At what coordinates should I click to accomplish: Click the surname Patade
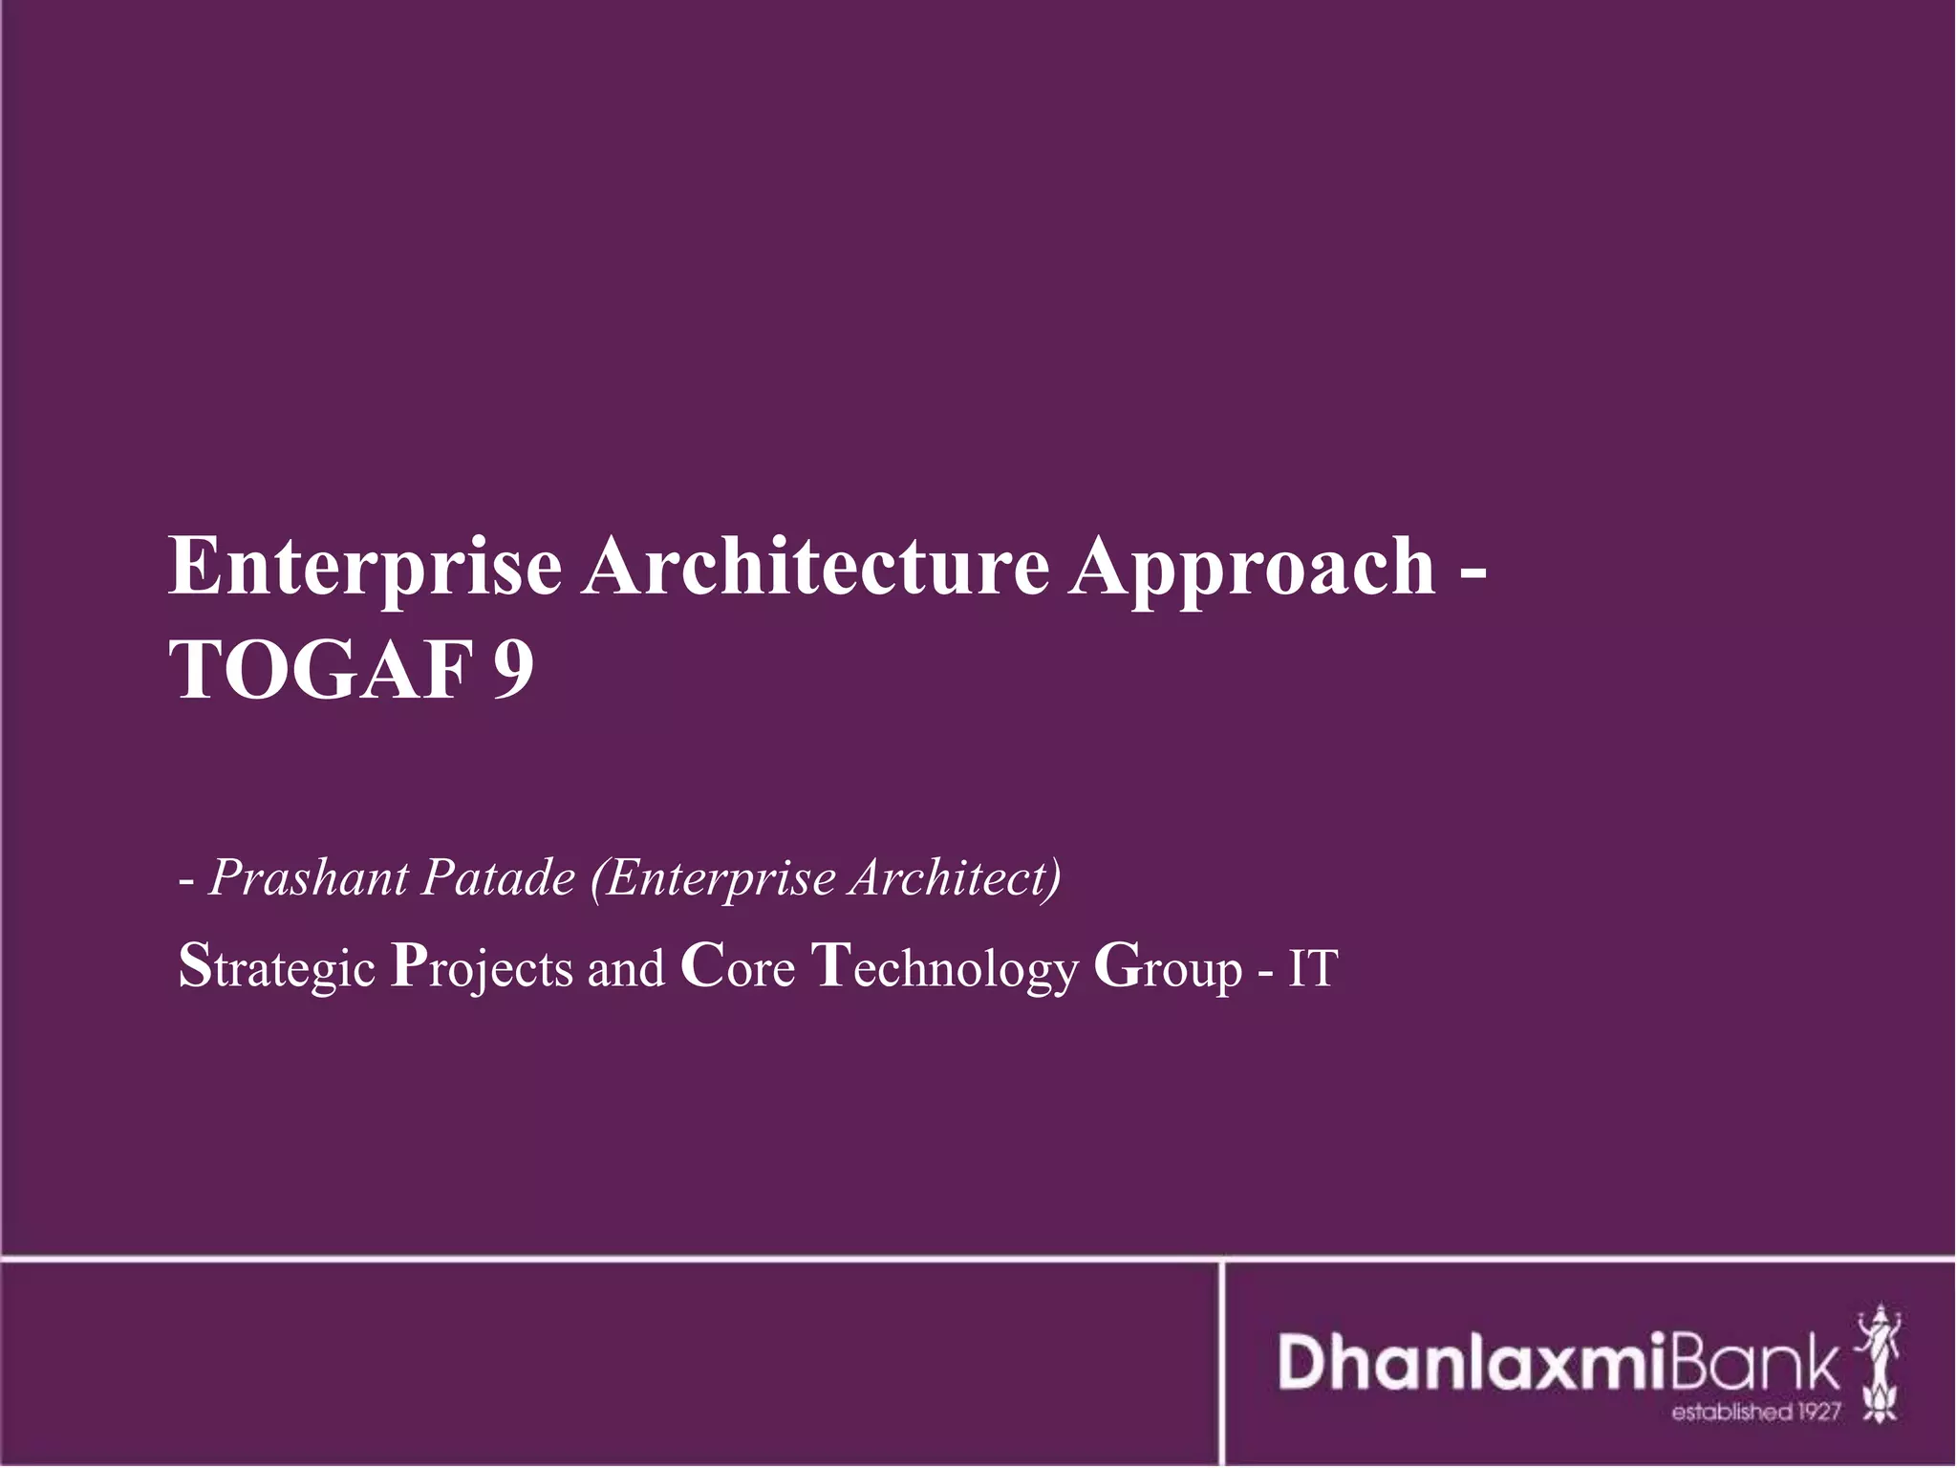click(497, 877)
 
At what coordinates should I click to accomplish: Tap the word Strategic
click(276, 969)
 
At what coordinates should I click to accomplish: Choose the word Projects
click(482, 969)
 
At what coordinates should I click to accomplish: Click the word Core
click(738, 967)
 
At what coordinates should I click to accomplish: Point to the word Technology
click(945, 969)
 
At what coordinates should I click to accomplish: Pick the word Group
click(1168, 969)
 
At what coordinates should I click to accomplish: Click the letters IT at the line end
click(1313, 967)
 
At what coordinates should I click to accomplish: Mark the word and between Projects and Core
click(626, 967)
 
